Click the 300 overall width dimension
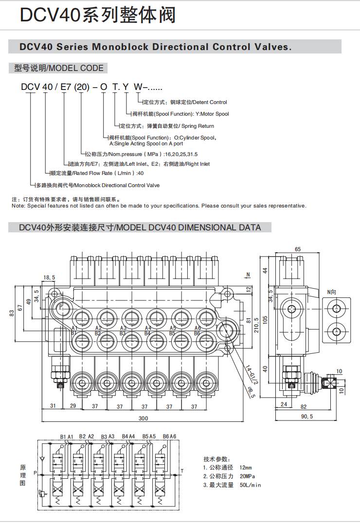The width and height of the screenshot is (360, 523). click(143, 418)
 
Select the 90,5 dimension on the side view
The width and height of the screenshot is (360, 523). click(306, 417)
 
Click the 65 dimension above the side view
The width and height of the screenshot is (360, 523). click(298, 249)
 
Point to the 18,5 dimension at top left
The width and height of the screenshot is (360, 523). click(50, 278)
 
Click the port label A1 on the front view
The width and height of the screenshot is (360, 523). click(74, 328)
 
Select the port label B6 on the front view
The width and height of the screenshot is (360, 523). click(198, 333)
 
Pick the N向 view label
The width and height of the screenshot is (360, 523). click(332, 292)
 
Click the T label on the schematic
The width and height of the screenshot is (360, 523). click(182, 471)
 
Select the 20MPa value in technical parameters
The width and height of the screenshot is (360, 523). click(247, 476)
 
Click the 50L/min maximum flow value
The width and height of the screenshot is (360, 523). click(251, 485)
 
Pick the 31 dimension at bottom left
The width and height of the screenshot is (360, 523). click(53, 406)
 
